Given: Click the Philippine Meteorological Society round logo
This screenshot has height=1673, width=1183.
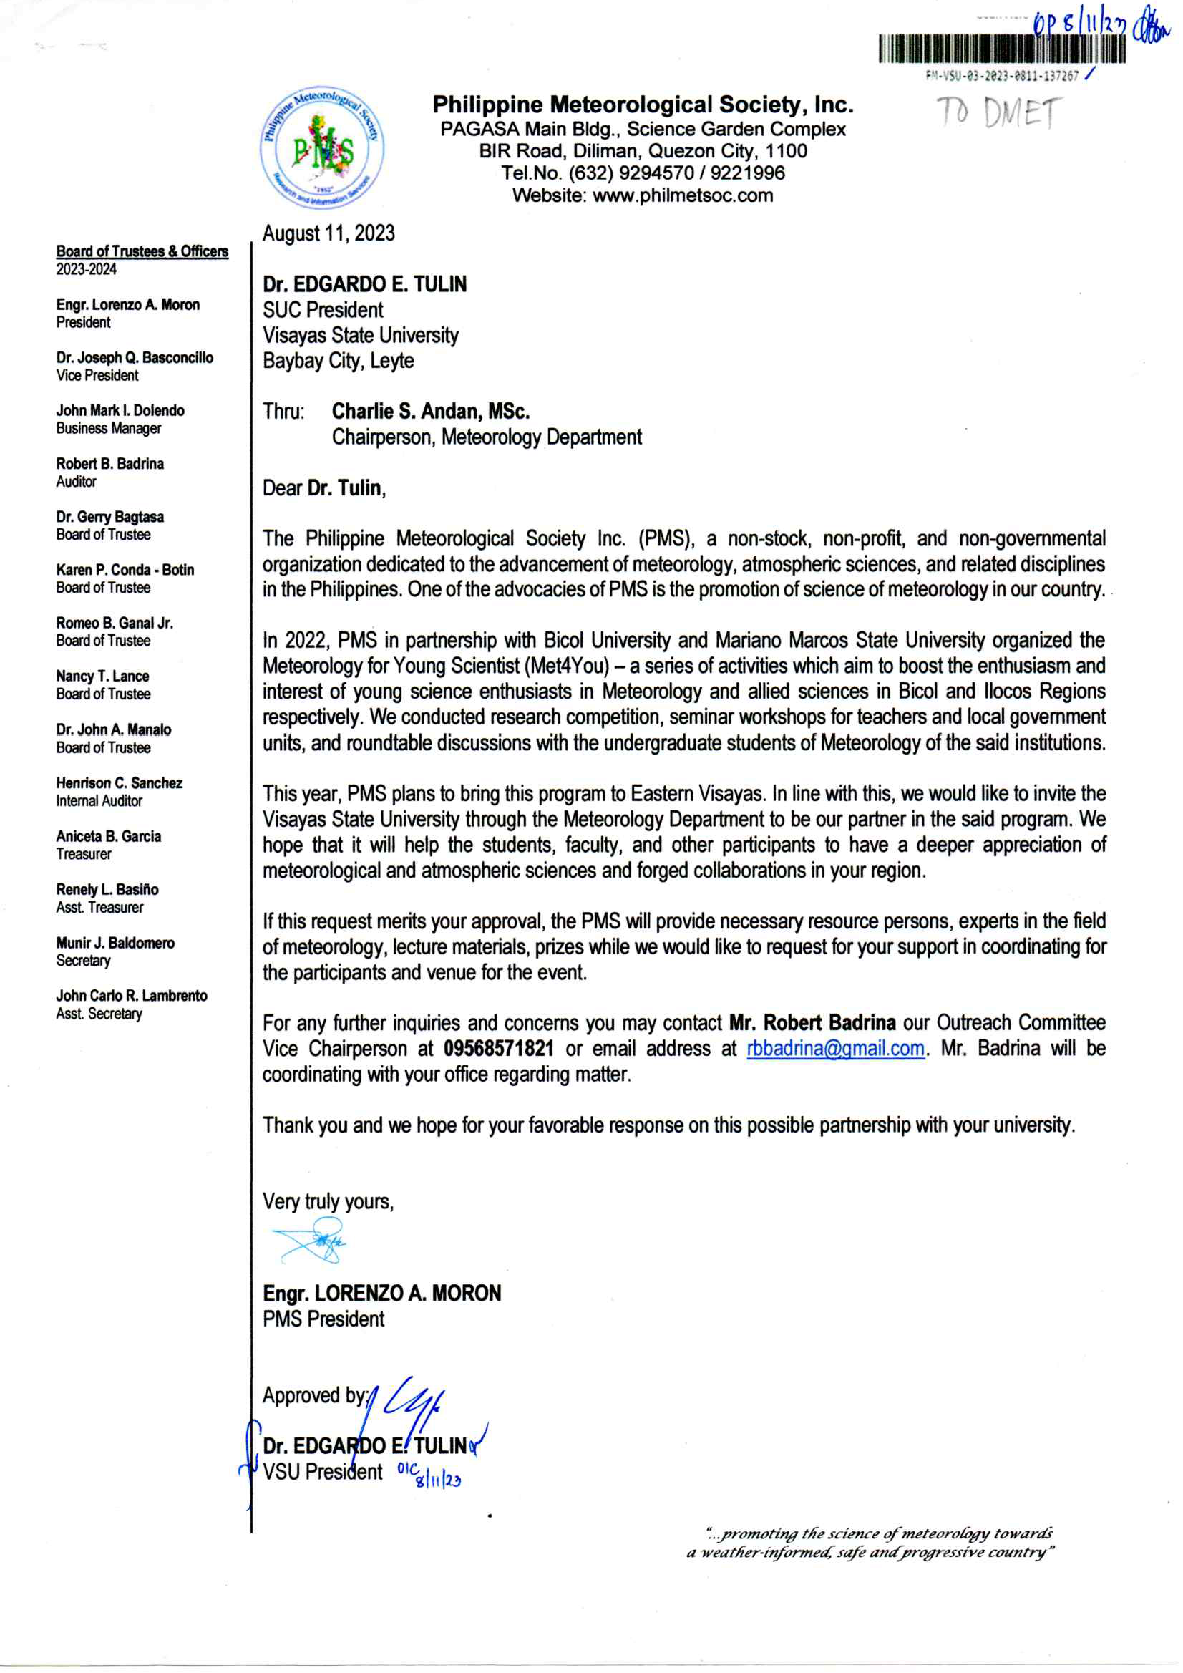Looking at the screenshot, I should coord(322,148).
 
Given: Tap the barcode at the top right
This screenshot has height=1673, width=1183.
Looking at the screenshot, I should coord(1002,49).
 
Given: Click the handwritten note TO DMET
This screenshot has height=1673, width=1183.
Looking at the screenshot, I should coord(998,114).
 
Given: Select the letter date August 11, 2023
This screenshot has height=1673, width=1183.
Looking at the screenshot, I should coord(328,233).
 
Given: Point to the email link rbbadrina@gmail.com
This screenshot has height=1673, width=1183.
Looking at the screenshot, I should coord(835,1049).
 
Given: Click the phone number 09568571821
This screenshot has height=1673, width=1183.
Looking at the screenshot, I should coord(498,1049).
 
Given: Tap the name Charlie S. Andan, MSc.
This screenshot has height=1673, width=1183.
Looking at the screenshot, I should coord(431,412).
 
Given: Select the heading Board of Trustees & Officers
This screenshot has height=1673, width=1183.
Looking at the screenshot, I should coord(142,251).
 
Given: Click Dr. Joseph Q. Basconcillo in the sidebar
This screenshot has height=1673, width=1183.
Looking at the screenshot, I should coord(135,358).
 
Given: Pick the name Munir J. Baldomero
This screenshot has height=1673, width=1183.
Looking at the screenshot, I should coord(115,943).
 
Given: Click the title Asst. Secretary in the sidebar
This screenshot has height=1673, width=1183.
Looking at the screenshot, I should coord(99,1014).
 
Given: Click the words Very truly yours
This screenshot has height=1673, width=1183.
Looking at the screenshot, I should coord(328,1201).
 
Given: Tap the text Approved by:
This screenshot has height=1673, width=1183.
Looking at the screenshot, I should coord(315,1395).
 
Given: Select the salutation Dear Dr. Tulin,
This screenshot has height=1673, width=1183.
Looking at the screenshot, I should coord(324,488).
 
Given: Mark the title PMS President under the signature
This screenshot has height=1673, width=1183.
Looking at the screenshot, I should coord(323,1319).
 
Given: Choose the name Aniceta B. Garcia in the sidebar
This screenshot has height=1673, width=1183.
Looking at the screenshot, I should coord(109,836).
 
